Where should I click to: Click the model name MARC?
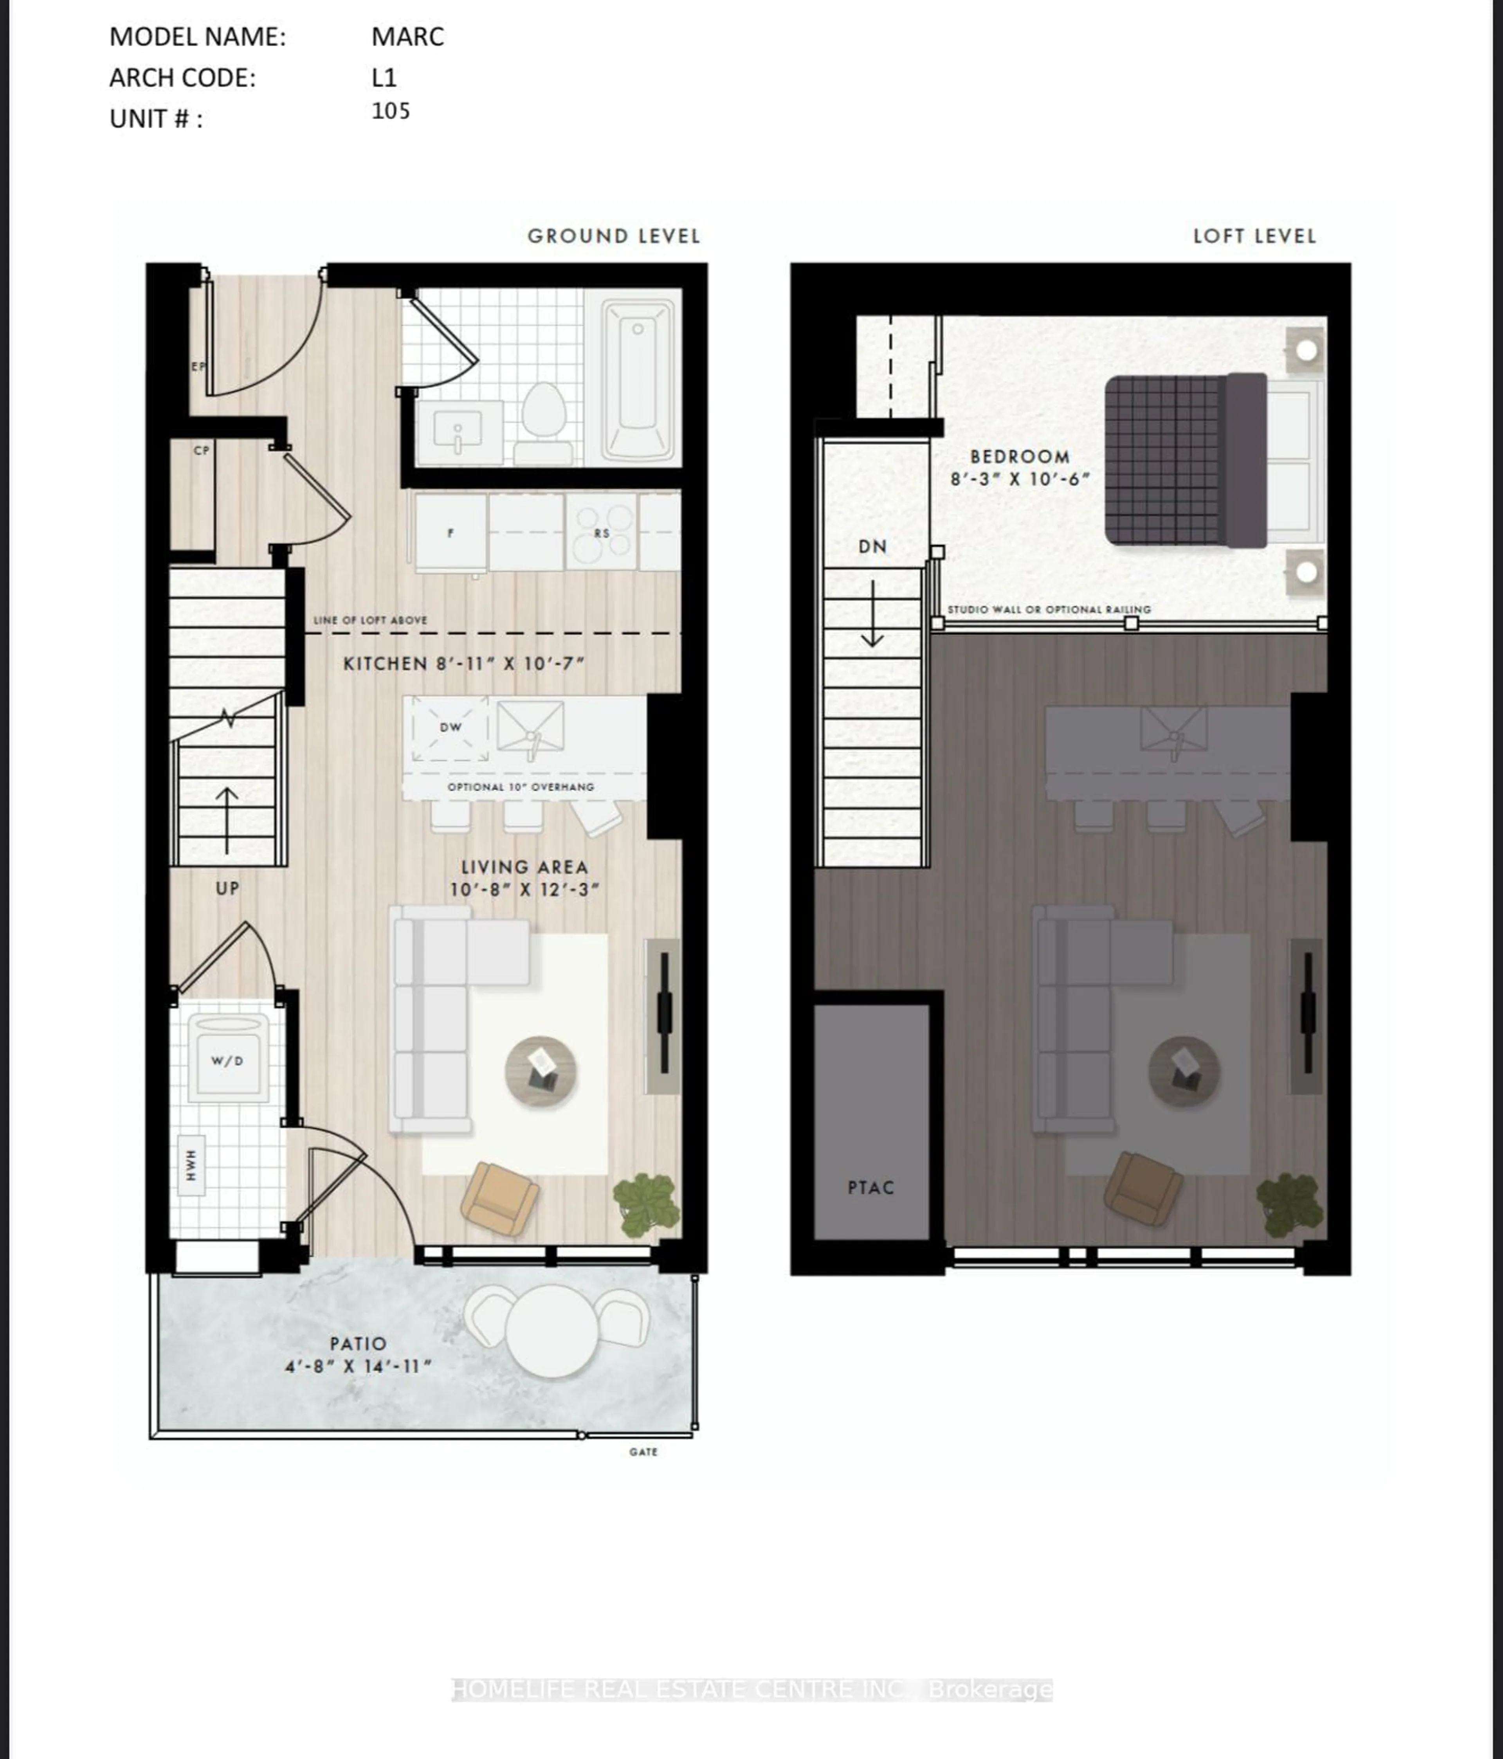coord(407,36)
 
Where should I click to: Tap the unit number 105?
coord(391,111)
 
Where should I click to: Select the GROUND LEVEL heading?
coord(613,236)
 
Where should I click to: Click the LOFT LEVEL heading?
coord(1254,236)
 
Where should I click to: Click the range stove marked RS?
coord(601,532)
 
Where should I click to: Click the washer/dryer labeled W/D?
coord(227,1060)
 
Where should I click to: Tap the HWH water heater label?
coord(191,1165)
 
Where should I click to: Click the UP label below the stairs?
coord(227,888)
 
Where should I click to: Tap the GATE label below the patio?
coord(643,1452)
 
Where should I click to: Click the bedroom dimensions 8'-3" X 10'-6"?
coord(1019,479)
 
